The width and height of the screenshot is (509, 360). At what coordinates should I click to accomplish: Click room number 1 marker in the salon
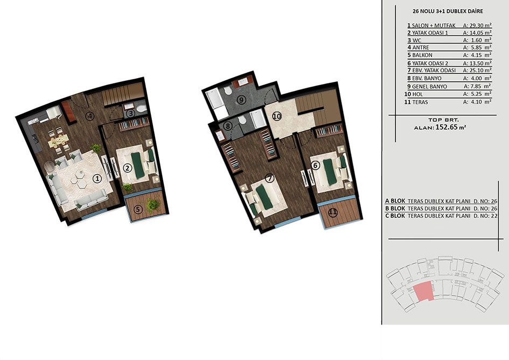click(x=97, y=178)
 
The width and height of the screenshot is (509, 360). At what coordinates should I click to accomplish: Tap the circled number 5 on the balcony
click(x=138, y=210)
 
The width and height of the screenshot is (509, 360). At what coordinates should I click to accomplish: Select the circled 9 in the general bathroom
click(x=241, y=100)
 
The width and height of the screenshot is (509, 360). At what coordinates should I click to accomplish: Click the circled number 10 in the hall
click(x=276, y=116)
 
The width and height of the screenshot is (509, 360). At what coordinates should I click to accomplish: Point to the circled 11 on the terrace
click(x=333, y=213)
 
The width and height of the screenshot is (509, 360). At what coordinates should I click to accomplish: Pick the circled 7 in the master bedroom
click(x=269, y=178)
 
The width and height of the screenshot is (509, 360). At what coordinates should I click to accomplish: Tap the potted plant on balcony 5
click(x=152, y=205)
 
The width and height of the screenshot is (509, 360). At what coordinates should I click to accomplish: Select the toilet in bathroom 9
click(x=228, y=90)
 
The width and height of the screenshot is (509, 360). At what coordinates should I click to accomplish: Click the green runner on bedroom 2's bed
click(x=138, y=165)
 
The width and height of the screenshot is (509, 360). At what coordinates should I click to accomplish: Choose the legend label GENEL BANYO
click(x=429, y=86)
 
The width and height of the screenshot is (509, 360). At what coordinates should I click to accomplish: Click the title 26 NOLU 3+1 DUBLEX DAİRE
click(x=448, y=11)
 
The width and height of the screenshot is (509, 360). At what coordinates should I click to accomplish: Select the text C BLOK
click(x=395, y=216)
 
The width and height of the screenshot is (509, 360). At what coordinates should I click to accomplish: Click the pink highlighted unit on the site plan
click(x=424, y=292)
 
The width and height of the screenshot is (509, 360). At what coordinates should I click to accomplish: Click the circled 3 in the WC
click(x=130, y=113)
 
